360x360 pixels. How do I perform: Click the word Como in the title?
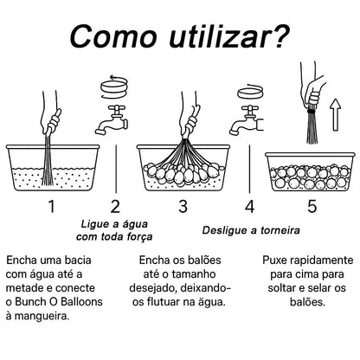pyautogui.click(x=110, y=38)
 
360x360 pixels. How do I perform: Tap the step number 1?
pyautogui.click(x=51, y=206)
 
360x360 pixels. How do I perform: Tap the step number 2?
pyautogui.click(x=115, y=206)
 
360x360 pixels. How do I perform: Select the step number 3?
pyautogui.click(x=183, y=206)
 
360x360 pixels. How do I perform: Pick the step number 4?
pyautogui.click(x=249, y=206)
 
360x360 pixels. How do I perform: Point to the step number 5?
pyautogui.click(x=312, y=206)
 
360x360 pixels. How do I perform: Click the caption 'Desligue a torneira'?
pyautogui.click(x=249, y=231)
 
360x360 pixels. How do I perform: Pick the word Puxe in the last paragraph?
pyautogui.click(x=277, y=260)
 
